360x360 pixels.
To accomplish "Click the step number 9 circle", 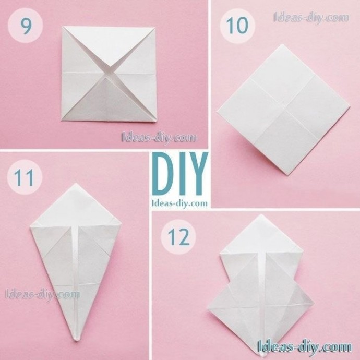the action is click(x=25, y=26).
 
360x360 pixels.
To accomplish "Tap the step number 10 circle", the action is click(x=237, y=26).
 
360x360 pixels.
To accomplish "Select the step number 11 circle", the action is click(x=25, y=177).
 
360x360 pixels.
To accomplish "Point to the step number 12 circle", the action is click(x=178, y=237).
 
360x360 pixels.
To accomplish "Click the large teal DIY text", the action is click(x=180, y=174).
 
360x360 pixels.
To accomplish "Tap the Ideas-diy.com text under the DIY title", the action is click(x=180, y=203).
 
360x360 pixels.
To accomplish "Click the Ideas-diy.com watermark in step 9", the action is click(x=159, y=138).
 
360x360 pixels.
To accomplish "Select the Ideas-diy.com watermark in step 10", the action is click(x=311, y=18).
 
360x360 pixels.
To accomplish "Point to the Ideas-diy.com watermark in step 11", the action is click(x=42, y=295).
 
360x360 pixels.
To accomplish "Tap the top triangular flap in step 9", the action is click(x=109, y=46).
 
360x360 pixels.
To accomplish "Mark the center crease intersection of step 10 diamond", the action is click(x=284, y=109).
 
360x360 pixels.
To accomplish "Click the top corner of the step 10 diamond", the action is click(x=281, y=45).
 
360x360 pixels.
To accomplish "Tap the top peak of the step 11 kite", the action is click(x=75, y=183).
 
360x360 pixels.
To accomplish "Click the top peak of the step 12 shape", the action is click(x=260, y=214).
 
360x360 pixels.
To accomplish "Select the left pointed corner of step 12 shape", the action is click(x=208, y=308).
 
